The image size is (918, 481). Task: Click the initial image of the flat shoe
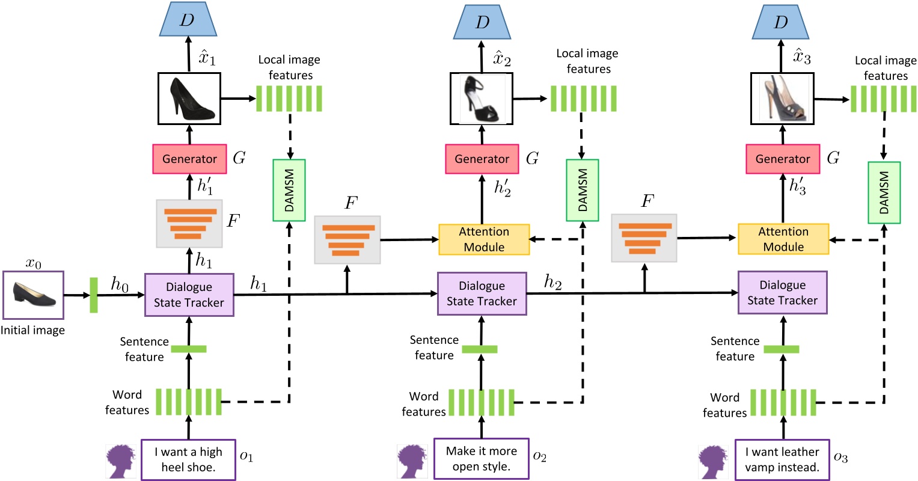(x=33, y=295)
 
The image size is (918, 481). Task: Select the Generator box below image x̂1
(x=189, y=159)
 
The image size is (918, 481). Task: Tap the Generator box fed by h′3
(x=782, y=159)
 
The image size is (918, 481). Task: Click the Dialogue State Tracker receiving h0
(x=189, y=295)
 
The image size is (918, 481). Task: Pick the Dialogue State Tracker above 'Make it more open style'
(x=482, y=293)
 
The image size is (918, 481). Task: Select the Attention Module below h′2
(x=484, y=239)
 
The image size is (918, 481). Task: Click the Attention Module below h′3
(x=783, y=239)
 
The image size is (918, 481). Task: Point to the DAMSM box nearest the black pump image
(x=289, y=189)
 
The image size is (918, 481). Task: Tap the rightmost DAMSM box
(x=884, y=192)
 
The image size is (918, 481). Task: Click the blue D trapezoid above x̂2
(x=482, y=22)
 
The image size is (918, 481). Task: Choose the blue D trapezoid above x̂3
(x=780, y=22)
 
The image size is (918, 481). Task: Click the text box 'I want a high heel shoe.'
(x=188, y=459)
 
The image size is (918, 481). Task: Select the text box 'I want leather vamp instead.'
(x=782, y=459)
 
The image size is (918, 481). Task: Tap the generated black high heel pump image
(x=189, y=98)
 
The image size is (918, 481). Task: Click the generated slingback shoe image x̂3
(x=782, y=98)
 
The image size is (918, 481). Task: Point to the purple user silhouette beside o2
(x=412, y=461)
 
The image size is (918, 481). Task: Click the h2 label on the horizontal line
(x=552, y=281)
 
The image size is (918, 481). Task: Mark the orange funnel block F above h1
(x=189, y=224)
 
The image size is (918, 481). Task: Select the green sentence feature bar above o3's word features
(x=782, y=349)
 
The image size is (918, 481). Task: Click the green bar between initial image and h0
(x=94, y=295)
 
